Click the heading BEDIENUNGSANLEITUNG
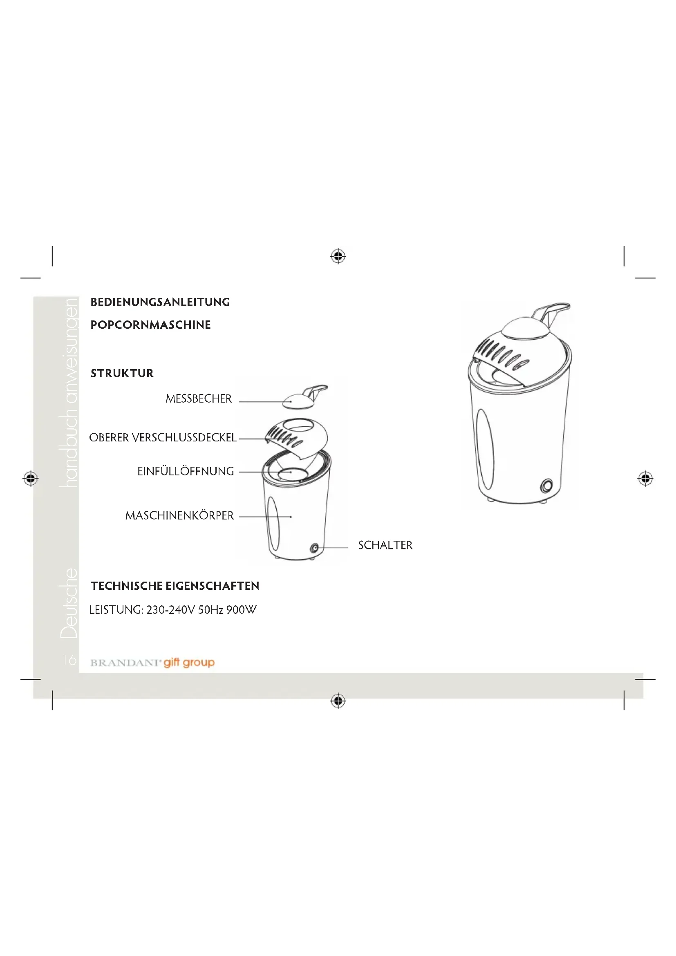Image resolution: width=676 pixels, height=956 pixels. coord(160,302)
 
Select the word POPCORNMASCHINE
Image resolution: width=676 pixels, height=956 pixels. coord(151,325)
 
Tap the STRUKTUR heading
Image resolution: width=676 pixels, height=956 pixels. coord(122,374)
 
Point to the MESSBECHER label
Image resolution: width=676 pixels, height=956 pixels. coord(199,399)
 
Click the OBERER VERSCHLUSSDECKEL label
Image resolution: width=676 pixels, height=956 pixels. coord(163,438)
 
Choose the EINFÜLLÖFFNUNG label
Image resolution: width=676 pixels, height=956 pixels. coord(186,471)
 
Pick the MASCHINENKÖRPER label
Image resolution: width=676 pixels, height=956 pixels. coord(180,515)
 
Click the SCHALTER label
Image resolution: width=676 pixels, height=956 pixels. coord(385,546)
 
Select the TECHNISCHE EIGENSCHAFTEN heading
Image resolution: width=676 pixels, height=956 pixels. coord(175,586)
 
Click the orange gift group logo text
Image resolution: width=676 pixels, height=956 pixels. coord(189,663)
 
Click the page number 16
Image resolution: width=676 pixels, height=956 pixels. coord(69,660)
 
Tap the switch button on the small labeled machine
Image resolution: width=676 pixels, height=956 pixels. coord(315,548)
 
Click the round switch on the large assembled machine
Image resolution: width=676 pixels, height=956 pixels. coord(546,486)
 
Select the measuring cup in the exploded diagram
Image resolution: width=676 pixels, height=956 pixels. coord(305,397)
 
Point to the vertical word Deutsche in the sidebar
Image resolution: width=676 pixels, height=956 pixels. coord(69,603)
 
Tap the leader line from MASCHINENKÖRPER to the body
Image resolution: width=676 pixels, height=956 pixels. coord(265,517)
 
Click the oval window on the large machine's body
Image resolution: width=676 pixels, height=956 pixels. coord(486,449)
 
